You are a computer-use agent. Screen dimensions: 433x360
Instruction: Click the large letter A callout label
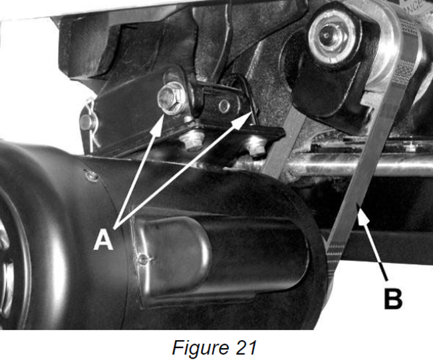tap(104, 240)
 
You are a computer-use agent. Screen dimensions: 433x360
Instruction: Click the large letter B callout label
tap(393, 298)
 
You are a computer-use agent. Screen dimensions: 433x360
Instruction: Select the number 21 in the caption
tap(246, 347)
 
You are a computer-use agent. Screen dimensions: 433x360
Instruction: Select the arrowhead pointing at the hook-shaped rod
tap(242, 120)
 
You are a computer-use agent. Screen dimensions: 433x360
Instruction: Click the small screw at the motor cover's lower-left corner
tap(143, 259)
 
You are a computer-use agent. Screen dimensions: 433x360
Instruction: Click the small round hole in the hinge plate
tap(223, 105)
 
